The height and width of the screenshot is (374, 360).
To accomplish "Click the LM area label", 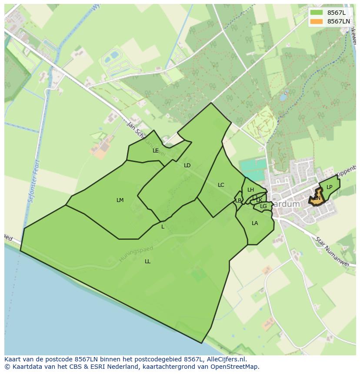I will (x=120, y=200).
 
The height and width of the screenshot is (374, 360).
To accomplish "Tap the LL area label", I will (x=147, y=261).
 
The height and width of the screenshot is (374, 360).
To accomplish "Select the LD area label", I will (x=187, y=165).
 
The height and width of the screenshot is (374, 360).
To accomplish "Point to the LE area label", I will (x=156, y=151).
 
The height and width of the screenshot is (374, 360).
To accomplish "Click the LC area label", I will (x=221, y=185).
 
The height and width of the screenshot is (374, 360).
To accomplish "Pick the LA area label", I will (x=255, y=223).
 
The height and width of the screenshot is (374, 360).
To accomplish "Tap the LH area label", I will (x=250, y=190).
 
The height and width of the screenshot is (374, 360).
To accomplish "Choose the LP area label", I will (x=329, y=187).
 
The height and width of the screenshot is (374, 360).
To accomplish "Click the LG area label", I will (x=263, y=206).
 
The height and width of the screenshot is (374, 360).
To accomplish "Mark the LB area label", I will (x=238, y=201).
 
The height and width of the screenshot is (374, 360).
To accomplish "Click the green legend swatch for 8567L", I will (x=317, y=13).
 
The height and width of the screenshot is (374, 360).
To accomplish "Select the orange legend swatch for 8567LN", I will (x=317, y=21).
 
